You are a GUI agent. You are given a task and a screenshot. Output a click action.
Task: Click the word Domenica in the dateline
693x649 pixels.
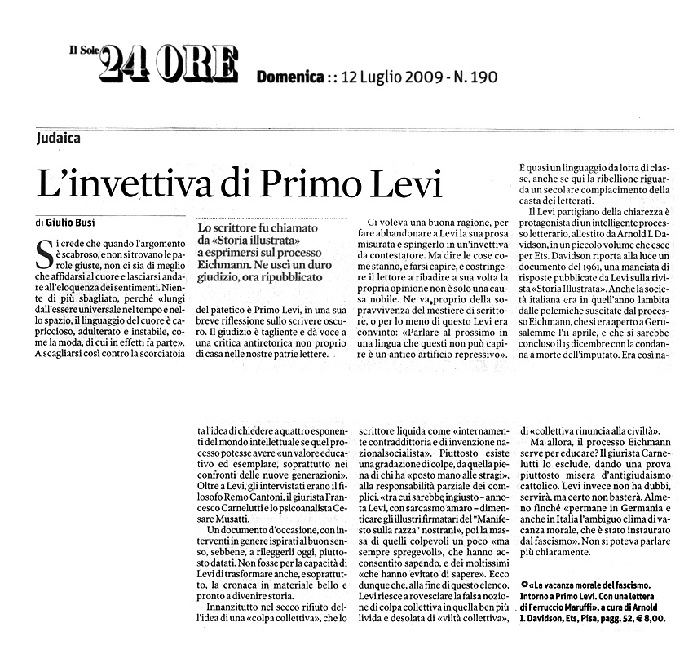289,78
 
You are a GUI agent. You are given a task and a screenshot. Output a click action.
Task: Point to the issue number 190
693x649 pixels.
481,78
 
